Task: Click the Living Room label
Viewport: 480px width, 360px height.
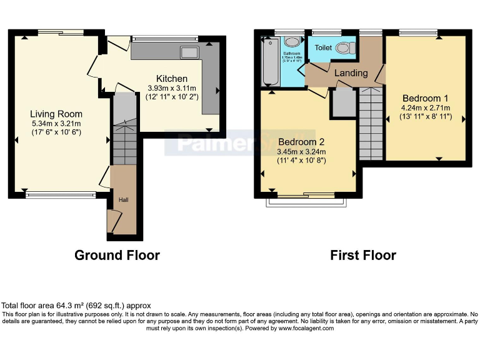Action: click(x=56, y=114)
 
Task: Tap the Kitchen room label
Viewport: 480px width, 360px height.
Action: click(x=171, y=79)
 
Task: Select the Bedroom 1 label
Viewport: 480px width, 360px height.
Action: click(x=425, y=98)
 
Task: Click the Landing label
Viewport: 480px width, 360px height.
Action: click(x=351, y=73)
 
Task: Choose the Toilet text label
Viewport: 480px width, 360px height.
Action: click(x=323, y=47)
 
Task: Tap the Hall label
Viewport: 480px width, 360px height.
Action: click(x=124, y=199)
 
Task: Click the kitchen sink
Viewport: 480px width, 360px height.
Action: click(x=189, y=52)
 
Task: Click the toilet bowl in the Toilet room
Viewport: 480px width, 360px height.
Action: click(x=344, y=47)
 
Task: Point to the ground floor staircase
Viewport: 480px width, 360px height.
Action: click(x=124, y=141)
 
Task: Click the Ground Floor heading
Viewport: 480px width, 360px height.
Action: click(x=117, y=255)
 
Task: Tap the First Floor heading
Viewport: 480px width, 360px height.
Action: click(x=363, y=255)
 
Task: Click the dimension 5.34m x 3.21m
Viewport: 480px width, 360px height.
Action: click(x=56, y=123)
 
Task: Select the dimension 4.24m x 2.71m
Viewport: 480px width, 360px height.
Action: click(x=425, y=107)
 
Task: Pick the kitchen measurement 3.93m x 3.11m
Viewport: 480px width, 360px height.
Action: click(x=171, y=88)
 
